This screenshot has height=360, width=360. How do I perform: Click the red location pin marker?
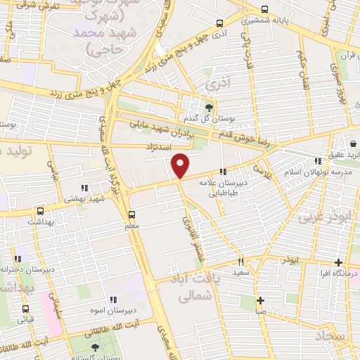[x=181, y=165]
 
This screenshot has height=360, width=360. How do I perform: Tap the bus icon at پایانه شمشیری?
[x=264, y=10]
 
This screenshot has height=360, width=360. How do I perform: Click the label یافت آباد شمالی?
[x=186, y=288]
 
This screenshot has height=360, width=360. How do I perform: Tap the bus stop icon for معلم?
[x=131, y=214]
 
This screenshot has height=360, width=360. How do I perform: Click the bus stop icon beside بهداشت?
[x=39, y=211]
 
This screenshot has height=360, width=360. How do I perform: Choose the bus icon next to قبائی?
[x=26, y=308]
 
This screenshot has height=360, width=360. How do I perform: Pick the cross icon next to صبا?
[x=260, y=300]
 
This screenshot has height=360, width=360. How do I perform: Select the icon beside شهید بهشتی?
[x=84, y=188]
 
